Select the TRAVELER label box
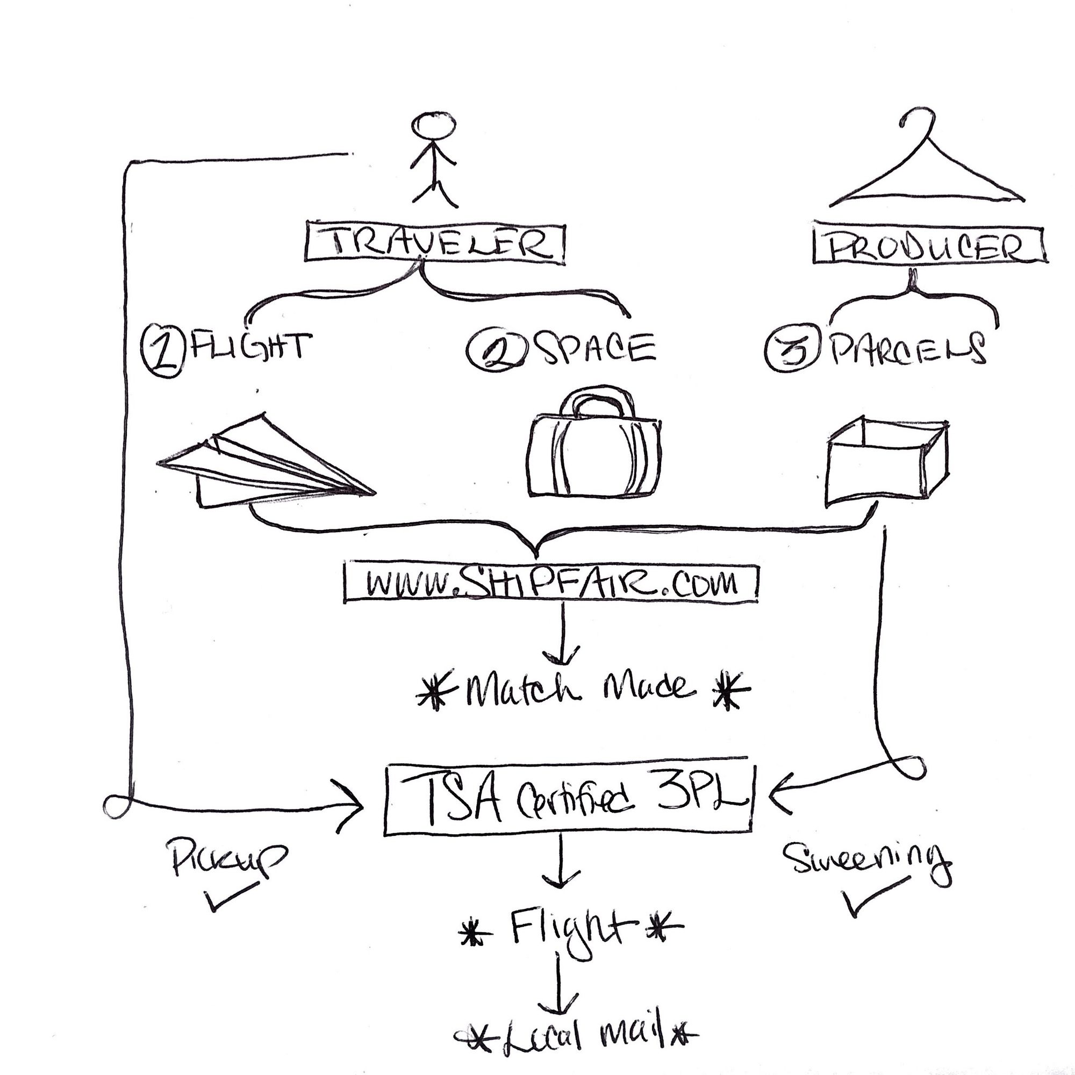click(434, 243)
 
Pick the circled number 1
click(162, 350)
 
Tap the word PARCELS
click(907, 348)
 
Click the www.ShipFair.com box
click(551, 583)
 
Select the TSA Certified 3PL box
click(568, 800)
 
